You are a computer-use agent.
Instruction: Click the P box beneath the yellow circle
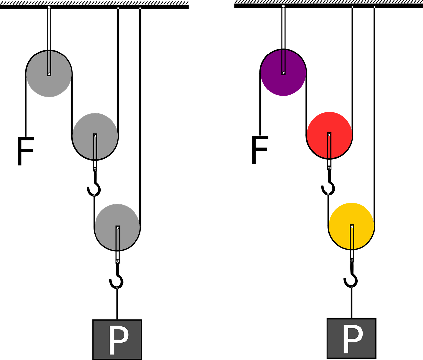(x=351, y=338)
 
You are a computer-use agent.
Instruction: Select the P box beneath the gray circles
(x=117, y=339)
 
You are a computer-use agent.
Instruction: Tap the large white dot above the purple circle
(x=283, y=6)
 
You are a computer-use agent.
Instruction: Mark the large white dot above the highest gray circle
(x=49, y=7)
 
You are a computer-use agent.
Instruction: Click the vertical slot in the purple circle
(x=283, y=61)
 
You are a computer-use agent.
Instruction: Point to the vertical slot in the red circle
(x=329, y=147)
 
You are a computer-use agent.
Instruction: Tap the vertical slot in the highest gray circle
(x=49, y=62)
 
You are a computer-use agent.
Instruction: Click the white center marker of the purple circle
(x=283, y=73)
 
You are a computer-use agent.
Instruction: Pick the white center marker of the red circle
(x=329, y=135)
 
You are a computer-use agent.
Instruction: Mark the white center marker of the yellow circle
(x=352, y=227)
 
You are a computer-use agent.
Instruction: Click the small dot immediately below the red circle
(x=329, y=168)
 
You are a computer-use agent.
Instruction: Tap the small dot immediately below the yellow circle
(x=352, y=260)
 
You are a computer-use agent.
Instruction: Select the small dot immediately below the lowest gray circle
(x=117, y=261)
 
